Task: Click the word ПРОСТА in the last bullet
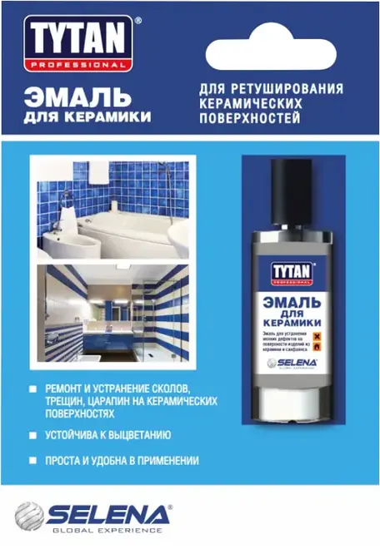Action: pyautogui.click(x=64, y=460)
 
